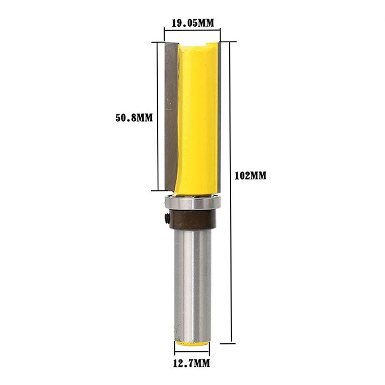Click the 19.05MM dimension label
tap(192, 23)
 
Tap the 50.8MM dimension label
tap(134, 118)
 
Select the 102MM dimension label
tap(250, 176)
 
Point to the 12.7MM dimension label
tap(191, 364)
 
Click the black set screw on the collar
tap(167, 218)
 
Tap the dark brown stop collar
tap(191, 220)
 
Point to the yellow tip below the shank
tap(192, 343)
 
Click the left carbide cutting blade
tap(171, 115)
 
